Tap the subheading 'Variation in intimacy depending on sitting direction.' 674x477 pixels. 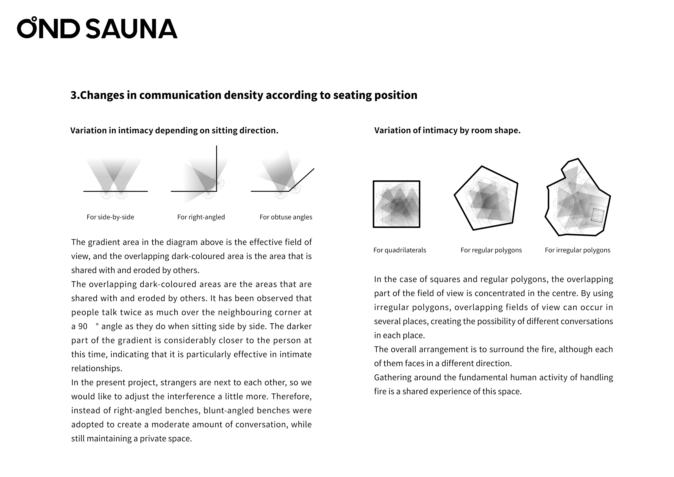[174, 131]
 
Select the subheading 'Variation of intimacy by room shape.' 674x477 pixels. [447, 131]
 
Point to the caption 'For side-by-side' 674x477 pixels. [110, 217]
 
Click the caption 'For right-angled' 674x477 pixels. [201, 217]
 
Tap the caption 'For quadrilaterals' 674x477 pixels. [399, 250]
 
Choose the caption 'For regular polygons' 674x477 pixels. [491, 250]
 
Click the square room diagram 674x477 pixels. [396, 204]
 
